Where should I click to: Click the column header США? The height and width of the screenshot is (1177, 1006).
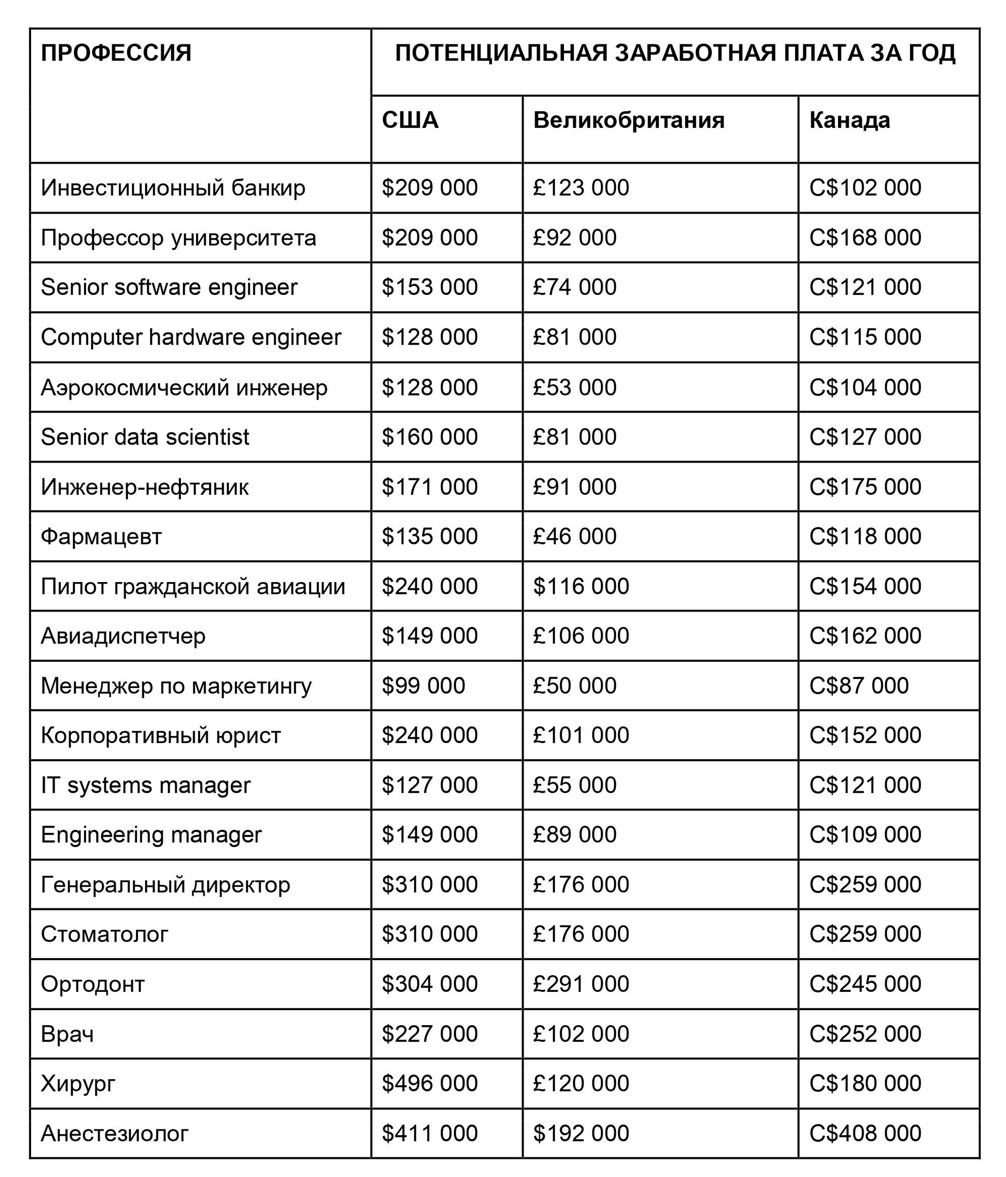pyautogui.click(x=409, y=120)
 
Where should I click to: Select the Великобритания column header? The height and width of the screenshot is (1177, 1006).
pyautogui.click(x=628, y=120)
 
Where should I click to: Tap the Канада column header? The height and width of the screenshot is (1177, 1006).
pyautogui.click(x=849, y=120)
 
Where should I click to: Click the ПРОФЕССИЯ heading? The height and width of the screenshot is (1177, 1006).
pyautogui.click(x=116, y=53)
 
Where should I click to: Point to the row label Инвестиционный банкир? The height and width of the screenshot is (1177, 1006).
pyautogui.click(x=173, y=188)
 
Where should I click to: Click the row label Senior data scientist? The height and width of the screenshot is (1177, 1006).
pyautogui.click(x=145, y=437)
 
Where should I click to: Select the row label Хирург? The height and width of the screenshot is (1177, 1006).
pyautogui.click(x=78, y=1083)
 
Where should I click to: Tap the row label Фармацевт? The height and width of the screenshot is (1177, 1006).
pyautogui.click(x=101, y=536)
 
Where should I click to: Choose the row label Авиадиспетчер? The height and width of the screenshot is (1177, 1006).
pyautogui.click(x=123, y=636)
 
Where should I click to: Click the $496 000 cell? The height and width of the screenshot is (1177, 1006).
pyautogui.click(x=430, y=1083)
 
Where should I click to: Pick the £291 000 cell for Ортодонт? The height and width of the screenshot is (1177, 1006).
pyautogui.click(x=581, y=984)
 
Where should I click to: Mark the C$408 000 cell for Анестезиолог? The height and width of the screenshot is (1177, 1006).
pyautogui.click(x=865, y=1133)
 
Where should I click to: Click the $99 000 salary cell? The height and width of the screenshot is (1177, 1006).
pyautogui.click(x=423, y=686)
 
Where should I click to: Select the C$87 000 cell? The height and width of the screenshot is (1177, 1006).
pyautogui.click(x=858, y=686)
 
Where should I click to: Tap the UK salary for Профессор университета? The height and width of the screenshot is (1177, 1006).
pyautogui.click(x=574, y=238)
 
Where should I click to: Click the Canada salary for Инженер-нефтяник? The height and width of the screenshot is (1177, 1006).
pyautogui.click(x=865, y=487)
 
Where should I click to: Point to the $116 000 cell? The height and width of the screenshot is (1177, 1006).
pyautogui.click(x=581, y=586)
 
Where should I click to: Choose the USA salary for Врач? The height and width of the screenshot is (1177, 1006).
pyautogui.click(x=430, y=1034)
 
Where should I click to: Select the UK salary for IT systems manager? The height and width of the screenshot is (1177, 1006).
pyautogui.click(x=574, y=785)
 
